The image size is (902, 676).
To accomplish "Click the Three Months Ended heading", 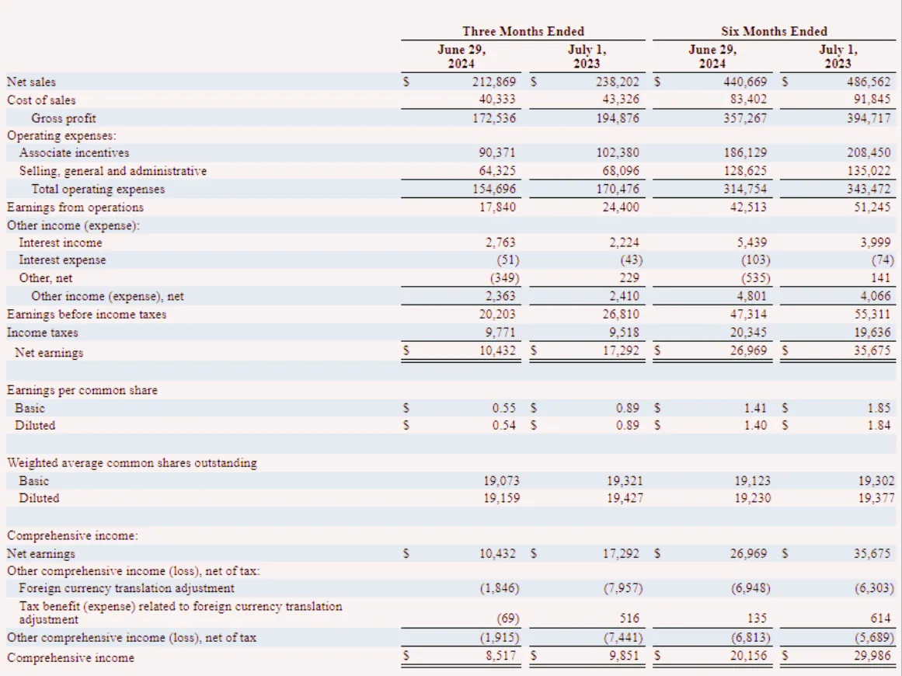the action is (523, 31).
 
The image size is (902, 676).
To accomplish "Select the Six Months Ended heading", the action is (774, 31).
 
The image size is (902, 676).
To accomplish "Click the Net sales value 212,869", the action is (494, 82).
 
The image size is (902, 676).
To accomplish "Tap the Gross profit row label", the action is (63, 118).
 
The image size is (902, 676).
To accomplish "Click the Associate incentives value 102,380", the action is (617, 152).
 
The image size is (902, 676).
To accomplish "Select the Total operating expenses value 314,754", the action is (745, 189).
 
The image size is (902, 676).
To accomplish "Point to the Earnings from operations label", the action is (75, 207).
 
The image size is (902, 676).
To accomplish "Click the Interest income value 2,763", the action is (500, 242).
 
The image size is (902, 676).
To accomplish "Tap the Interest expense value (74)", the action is (883, 260).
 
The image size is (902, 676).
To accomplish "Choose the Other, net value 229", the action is (629, 278).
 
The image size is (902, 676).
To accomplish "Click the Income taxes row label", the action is (42, 333).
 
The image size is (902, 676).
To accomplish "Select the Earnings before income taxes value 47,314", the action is (748, 314).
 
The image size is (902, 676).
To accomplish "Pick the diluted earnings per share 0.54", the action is (504, 425).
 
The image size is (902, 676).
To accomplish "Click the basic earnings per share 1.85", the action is (879, 408).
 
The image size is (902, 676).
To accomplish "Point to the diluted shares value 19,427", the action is (625, 497).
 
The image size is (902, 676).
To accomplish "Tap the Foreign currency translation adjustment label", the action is (127, 588).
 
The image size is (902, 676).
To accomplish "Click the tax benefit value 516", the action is (629, 618).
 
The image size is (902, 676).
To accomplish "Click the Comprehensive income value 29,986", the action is (872, 655).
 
